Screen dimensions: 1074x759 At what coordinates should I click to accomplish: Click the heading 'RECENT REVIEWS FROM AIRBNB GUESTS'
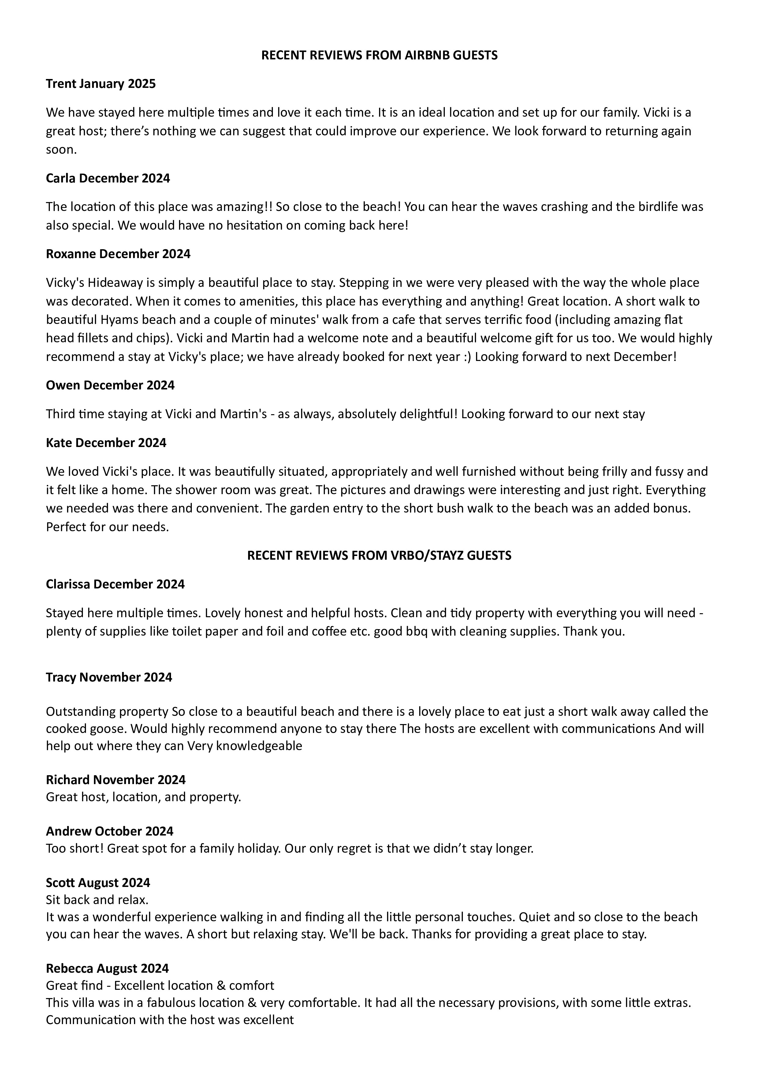[x=379, y=55]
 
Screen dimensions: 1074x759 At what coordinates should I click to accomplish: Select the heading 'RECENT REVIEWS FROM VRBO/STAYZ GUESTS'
[x=379, y=555]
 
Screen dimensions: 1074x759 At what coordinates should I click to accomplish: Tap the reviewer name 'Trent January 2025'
[x=100, y=84]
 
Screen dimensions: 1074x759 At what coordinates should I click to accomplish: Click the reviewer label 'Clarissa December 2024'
[x=115, y=584]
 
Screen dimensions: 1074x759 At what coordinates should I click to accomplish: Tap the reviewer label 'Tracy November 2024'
[x=109, y=677]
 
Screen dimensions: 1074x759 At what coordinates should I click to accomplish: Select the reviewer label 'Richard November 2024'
[x=115, y=780]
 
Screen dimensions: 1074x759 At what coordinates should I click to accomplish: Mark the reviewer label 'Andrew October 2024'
[x=109, y=831]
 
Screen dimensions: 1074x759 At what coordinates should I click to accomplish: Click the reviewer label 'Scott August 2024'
[x=98, y=883]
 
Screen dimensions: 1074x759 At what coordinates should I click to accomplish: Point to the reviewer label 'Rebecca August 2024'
[x=107, y=968]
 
